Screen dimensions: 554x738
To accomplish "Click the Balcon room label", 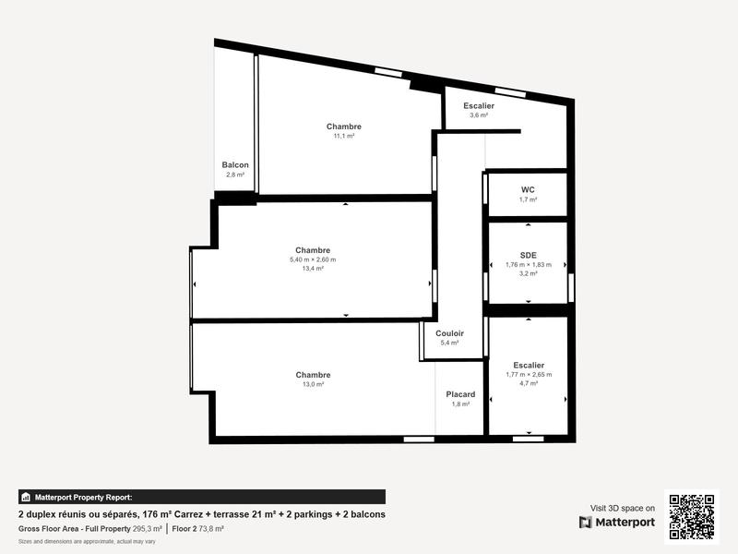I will tap(235, 165).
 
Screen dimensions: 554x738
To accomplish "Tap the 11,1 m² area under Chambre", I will tap(344, 136).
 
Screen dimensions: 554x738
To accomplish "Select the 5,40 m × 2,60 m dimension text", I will tap(313, 259).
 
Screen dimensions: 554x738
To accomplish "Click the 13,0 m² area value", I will tap(313, 384).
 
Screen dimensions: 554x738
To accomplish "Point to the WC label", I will tap(528, 189).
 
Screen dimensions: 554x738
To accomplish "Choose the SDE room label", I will tap(528, 255).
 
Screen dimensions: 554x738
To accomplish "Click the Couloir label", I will tap(450, 333).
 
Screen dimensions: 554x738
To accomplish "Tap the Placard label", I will tap(460, 394).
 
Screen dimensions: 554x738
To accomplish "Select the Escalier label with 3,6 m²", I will tap(478, 106).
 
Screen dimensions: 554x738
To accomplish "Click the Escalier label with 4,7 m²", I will tap(528, 366).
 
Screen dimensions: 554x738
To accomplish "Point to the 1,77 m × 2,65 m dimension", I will tap(528, 374).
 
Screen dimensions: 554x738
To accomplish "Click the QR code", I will tap(691, 517).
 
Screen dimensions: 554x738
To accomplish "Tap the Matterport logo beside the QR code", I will tap(617, 523).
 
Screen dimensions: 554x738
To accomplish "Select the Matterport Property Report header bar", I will tap(202, 497).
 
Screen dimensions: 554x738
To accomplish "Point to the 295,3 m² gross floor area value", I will tap(148, 529).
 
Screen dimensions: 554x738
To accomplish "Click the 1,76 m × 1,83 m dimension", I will tap(528, 265).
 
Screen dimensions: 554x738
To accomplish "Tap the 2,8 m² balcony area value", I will tap(235, 175).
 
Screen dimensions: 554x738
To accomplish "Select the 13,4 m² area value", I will tap(313, 269).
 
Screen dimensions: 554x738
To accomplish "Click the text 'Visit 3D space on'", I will tap(623, 508).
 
